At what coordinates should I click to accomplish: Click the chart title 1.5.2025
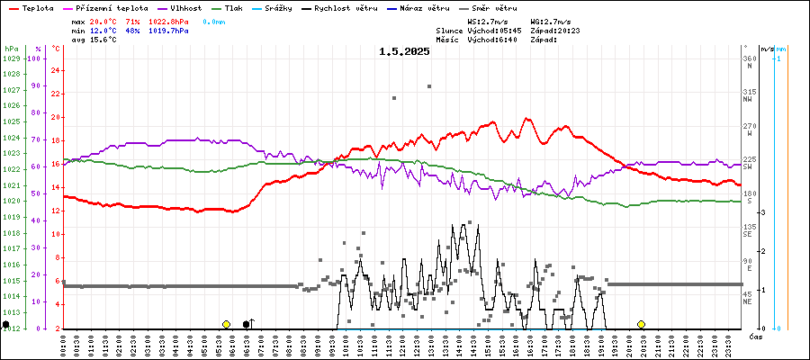click(x=404, y=51)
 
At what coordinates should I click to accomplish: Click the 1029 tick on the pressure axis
click(x=11, y=58)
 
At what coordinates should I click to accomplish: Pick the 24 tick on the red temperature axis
click(x=56, y=70)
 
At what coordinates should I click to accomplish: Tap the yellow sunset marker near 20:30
click(x=641, y=324)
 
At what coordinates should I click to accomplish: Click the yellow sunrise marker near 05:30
click(x=226, y=324)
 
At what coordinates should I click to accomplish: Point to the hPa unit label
click(x=11, y=48)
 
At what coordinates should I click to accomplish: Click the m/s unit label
click(x=765, y=48)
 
